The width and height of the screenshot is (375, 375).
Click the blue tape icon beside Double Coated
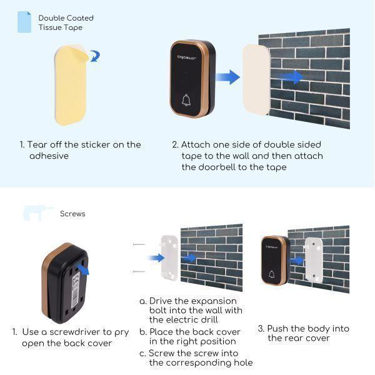click(23, 22)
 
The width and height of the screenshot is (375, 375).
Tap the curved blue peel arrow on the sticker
click(94, 57)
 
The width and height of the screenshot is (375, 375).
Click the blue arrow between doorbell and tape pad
click(229, 77)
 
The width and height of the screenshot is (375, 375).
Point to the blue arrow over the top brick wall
click(290, 77)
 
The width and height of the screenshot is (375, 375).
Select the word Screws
click(72, 214)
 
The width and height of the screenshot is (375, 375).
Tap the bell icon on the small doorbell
click(272, 274)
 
